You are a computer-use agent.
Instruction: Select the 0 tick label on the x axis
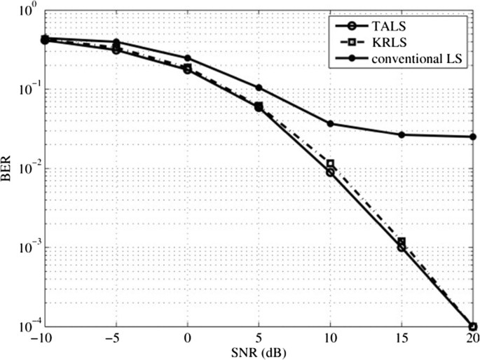[x=187, y=338]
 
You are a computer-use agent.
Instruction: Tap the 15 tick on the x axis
[x=401, y=338]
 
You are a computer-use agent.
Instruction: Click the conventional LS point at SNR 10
[x=330, y=124]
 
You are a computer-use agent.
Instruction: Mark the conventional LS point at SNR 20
[x=473, y=137]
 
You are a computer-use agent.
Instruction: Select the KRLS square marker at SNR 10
[x=330, y=164]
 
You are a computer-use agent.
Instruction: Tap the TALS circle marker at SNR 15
[x=402, y=247]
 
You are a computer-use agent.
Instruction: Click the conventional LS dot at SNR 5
[x=259, y=88]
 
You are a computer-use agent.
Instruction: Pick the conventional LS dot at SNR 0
[x=187, y=58]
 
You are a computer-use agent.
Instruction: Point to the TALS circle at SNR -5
[x=116, y=50]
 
